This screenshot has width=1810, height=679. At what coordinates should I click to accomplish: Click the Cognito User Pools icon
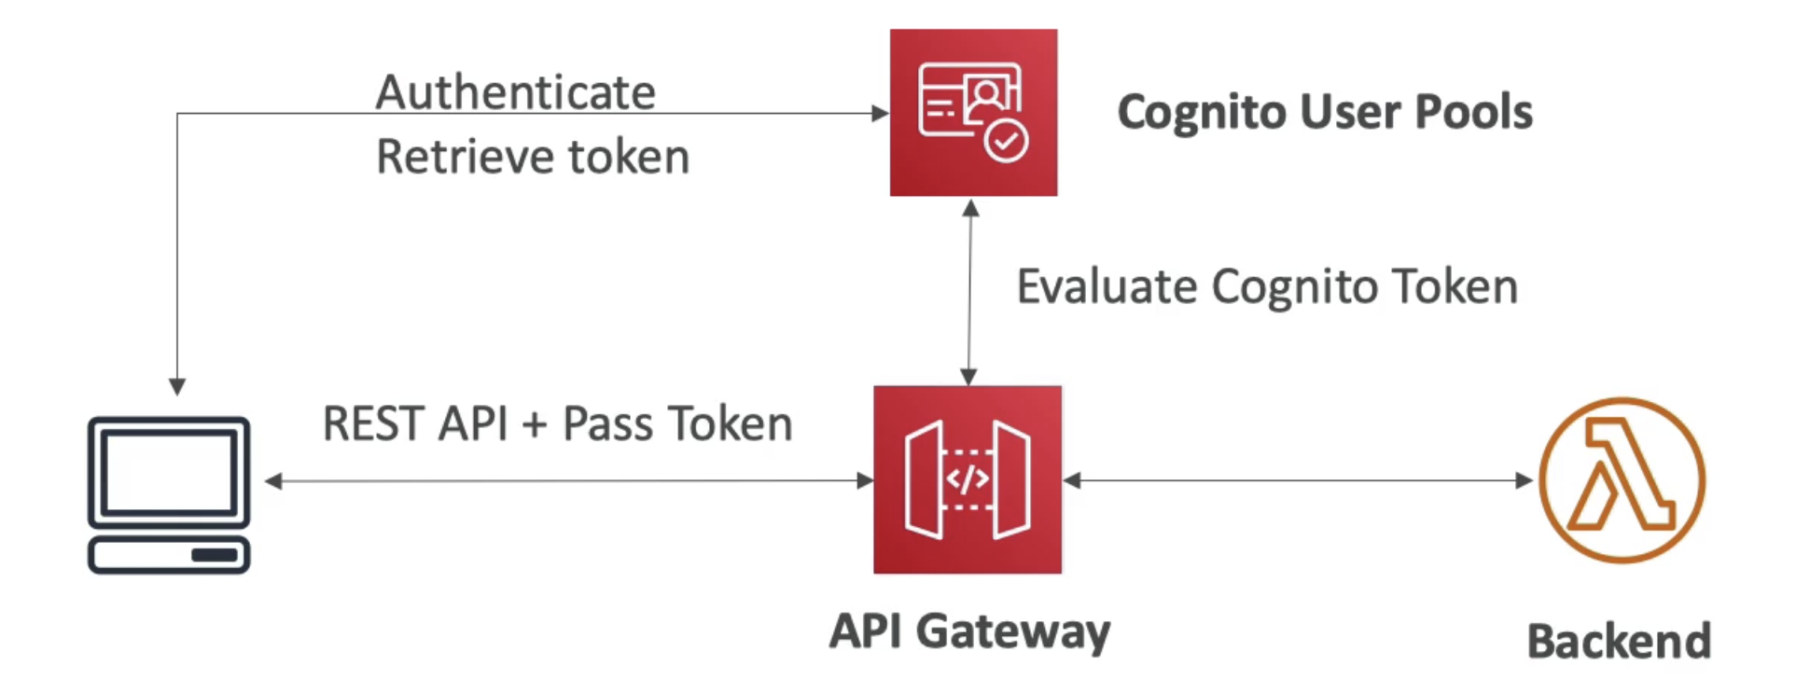973,112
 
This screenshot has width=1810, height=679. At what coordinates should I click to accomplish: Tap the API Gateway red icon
968,479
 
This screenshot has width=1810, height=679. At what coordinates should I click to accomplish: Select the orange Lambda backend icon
1622,480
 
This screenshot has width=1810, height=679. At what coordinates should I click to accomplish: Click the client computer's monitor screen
169,472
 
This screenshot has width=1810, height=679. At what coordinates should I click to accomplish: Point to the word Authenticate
515,92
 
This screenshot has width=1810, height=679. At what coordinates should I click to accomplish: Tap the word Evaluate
1107,285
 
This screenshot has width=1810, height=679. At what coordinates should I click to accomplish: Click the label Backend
1619,642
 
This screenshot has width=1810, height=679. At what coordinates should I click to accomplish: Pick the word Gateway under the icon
1014,632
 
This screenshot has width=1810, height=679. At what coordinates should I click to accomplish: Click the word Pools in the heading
1474,112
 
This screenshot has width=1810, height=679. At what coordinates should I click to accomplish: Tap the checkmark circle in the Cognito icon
1006,141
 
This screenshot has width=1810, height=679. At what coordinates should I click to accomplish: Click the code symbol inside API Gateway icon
968,479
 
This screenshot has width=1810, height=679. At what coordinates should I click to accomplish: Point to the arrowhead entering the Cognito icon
880,113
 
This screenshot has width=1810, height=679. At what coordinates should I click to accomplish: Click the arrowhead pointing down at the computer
177,386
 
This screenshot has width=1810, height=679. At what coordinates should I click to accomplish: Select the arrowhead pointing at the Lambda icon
1525,480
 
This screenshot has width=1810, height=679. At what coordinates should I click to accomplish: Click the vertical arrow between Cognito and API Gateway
970,292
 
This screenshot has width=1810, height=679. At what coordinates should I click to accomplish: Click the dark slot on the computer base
215,556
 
